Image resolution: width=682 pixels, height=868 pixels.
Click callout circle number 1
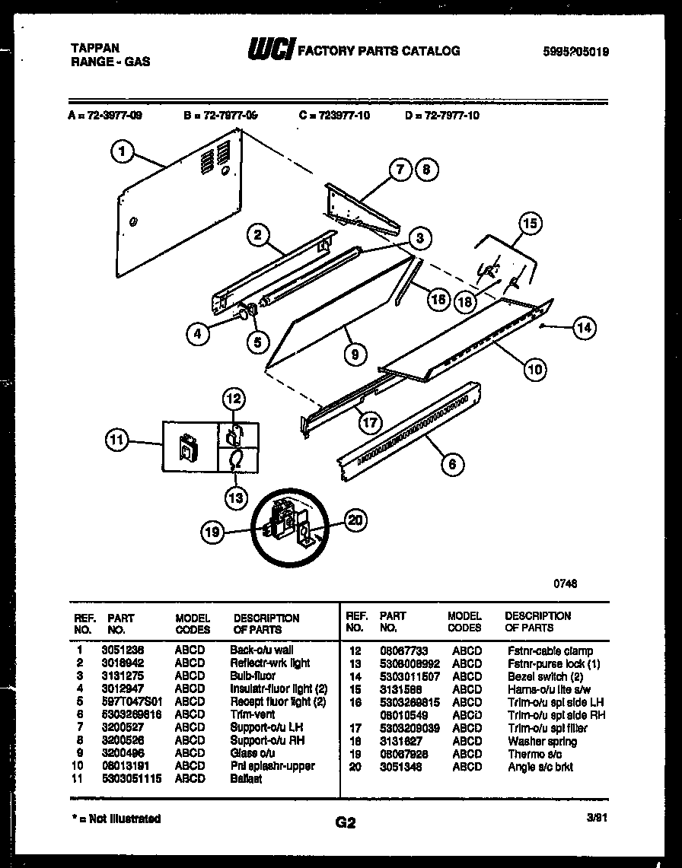pos(122,153)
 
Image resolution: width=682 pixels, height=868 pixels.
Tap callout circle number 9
pos(355,353)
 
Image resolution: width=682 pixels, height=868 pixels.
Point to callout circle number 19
pos(213,533)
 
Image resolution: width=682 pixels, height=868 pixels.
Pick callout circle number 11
pos(116,440)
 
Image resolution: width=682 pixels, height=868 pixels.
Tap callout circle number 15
pos(531,224)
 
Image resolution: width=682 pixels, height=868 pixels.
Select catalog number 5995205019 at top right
pos(576,52)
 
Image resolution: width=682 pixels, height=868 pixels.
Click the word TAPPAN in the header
pos(94,47)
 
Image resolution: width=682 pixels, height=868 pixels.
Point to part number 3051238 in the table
pos(122,650)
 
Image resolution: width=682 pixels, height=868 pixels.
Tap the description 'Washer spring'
pos(542,742)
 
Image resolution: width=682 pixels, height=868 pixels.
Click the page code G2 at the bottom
pos(345,822)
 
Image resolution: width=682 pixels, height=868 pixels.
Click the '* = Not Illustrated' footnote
pos(114,819)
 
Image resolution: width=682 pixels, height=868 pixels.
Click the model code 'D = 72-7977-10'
pos(442,116)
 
